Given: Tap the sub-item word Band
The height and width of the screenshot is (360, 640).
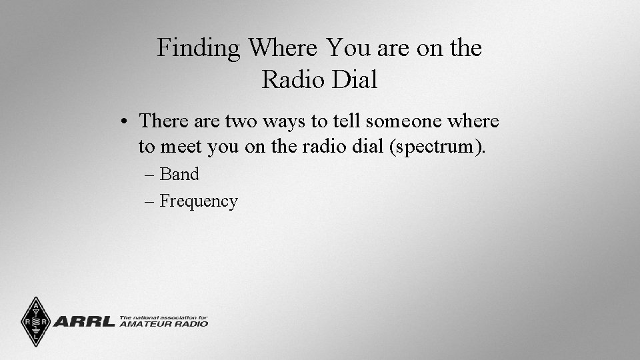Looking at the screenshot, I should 179,174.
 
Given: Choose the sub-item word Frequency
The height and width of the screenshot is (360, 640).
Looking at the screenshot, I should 199,201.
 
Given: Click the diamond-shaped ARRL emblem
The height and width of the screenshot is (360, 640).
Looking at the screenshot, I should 34,321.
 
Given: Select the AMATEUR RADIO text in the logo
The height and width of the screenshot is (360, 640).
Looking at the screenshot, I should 163,324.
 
